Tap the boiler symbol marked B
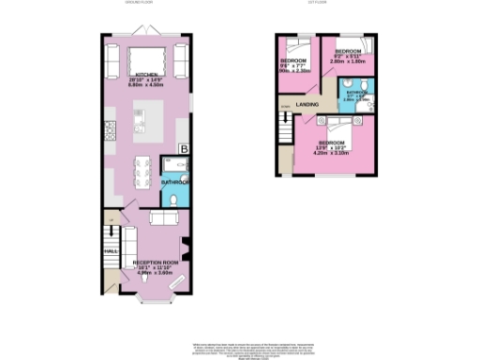click(x=184, y=149)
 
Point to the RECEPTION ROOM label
click(x=155, y=262)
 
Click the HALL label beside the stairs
click(x=109, y=251)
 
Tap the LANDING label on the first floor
click(x=306, y=104)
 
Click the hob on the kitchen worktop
click(x=111, y=132)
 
